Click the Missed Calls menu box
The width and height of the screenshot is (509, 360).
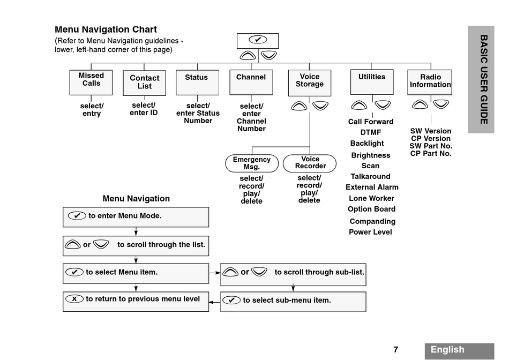[x=91, y=82]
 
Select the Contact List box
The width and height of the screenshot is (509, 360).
[x=145, y=83]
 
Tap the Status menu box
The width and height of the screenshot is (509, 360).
[x=197, y=82]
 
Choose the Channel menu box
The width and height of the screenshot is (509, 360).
[x=251, y=82]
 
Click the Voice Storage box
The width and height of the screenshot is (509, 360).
[x=310, y=83]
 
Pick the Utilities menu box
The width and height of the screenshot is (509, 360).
[x=372, y=82]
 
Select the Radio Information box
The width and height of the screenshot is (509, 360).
[x=430, y=82]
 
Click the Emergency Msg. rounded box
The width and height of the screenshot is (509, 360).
[x=252, y=163]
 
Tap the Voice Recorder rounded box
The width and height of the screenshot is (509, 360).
[x=310, y=163]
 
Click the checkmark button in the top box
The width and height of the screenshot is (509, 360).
[x=258, y=40]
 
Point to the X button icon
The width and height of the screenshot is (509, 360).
[x=74, y=298]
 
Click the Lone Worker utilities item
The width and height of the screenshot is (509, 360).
[x=371, y=198]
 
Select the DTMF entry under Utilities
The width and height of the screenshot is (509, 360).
[x=371, y=132]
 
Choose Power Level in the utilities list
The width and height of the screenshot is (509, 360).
[x=370, y=232]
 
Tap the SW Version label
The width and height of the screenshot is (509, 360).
[x=431, y=131]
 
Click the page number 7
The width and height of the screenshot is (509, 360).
[x=396, y=350]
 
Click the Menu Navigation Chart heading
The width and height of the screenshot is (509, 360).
[x=106, y=29]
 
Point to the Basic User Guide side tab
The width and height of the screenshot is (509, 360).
[x=481, y=79]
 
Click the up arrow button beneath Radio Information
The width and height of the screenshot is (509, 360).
[x=420, y=104]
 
